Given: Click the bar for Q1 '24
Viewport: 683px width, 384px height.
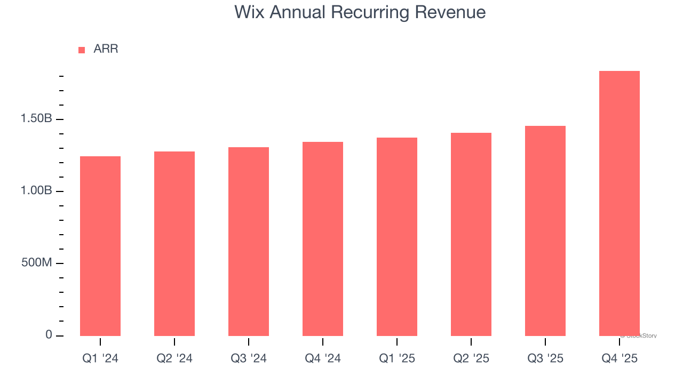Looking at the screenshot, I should (100, 246).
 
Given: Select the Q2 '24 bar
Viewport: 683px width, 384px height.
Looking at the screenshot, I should (174, 244).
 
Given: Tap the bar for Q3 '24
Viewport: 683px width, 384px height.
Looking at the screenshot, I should (249, 242).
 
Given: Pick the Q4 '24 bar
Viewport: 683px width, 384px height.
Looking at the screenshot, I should (323, 239).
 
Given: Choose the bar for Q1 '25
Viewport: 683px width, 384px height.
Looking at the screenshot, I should (397, 237).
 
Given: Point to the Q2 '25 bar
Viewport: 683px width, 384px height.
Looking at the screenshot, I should (471, 234).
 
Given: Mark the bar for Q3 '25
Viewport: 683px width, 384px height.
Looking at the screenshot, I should (545, 231).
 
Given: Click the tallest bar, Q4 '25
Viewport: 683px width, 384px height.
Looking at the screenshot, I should (620, 203).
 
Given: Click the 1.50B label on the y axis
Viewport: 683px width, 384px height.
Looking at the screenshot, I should (36, 118).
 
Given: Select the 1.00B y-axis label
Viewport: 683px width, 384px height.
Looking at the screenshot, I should (36, 191).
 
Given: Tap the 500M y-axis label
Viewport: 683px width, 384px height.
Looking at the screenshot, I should (36, 263).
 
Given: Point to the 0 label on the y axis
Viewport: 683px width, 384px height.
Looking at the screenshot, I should (49, 335).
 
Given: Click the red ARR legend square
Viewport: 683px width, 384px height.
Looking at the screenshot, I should (82, 50).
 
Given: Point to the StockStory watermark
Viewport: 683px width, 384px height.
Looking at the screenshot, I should (639, 336).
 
